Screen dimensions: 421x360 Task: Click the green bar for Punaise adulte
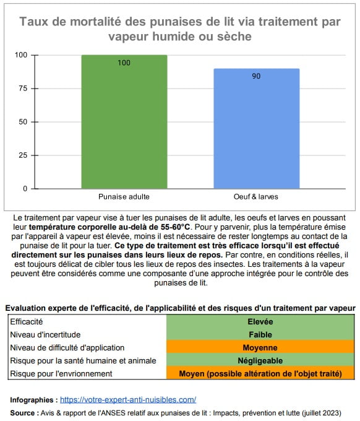tap(124, 124)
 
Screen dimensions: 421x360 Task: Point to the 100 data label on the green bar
tap(124, 63)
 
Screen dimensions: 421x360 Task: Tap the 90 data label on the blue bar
tap(257, 76)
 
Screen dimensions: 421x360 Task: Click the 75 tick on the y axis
tap(22, 89)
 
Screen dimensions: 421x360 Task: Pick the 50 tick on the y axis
tap(22, 122)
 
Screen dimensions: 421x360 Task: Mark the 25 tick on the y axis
tap(22, 155)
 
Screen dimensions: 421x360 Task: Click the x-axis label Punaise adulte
tap(124, 197)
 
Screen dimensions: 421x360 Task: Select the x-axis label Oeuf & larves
tap(257, 197)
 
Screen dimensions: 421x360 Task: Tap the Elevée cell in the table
tap(260, 321)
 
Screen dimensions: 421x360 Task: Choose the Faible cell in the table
tap(260, 334)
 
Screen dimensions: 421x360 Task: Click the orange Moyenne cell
tap(260, 347)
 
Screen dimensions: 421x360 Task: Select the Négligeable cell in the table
tap(260, 360)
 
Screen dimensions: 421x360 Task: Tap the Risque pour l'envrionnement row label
tap(61, 373)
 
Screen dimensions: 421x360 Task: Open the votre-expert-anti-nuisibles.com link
tap(128, 400)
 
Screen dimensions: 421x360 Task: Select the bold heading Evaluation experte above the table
tap(180, 308)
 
